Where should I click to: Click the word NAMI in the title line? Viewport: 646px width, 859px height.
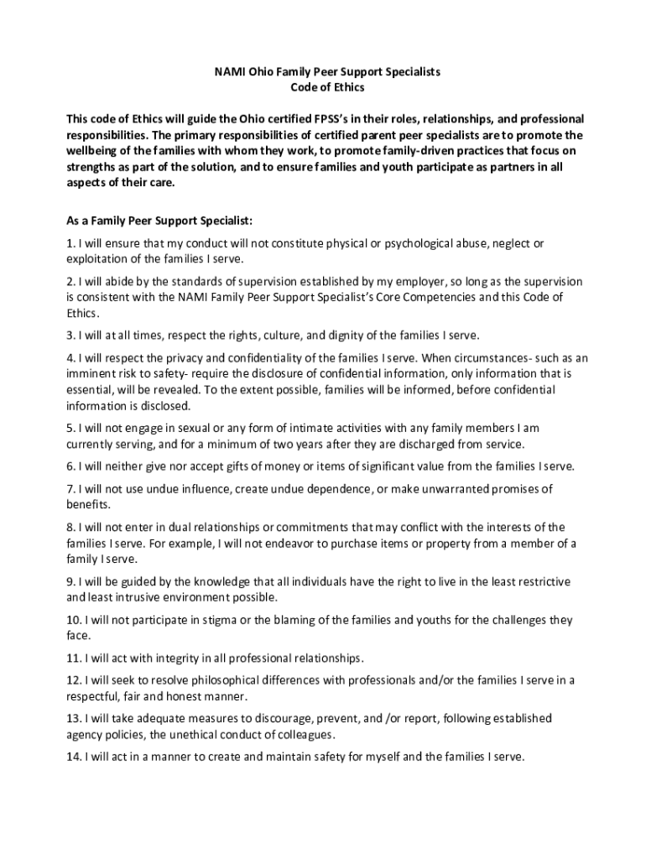[229, 72]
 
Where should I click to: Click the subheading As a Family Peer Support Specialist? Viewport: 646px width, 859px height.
[159, 221]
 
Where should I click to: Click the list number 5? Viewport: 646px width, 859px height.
[70, 428]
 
